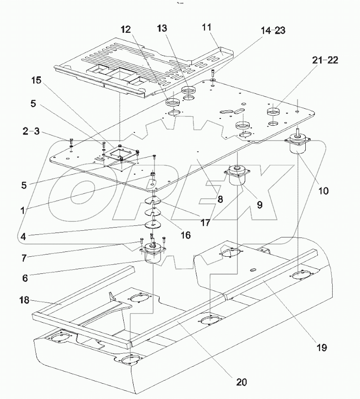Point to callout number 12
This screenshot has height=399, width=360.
[125, 29]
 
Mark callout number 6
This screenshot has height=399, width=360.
[25, 278]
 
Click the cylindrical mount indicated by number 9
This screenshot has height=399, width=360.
[238, 176]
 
